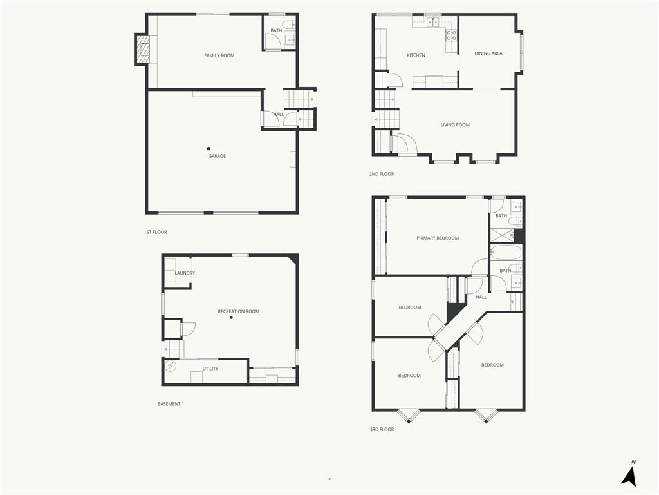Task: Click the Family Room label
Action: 219,55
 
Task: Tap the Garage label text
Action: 217,156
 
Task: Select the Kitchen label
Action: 416,55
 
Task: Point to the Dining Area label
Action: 488,53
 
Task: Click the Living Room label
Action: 455,125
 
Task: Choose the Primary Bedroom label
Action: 438,238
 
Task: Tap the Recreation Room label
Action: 238,311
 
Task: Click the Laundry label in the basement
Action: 185,273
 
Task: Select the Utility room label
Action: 210,369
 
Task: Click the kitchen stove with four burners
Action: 451,35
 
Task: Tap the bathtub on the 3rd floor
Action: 506,253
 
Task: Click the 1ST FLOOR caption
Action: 155,232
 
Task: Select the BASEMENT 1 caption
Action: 171,404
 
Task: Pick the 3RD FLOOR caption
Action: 382,429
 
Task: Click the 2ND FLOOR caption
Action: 382,174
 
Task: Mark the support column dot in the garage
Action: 209,149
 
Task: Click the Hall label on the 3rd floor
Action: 481,297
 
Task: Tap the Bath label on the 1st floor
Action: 276,31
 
